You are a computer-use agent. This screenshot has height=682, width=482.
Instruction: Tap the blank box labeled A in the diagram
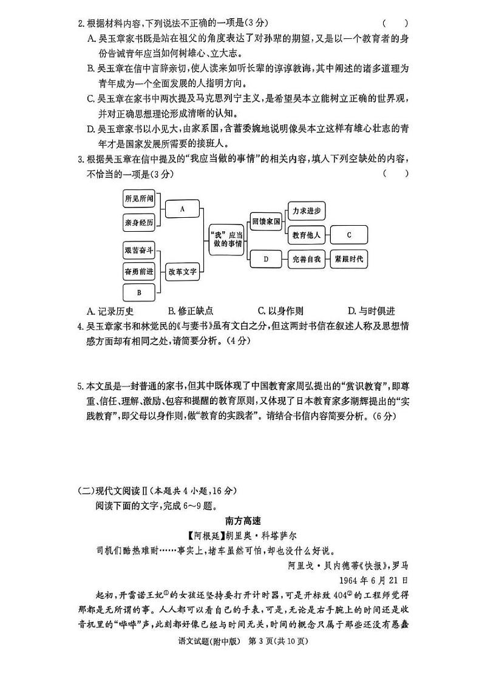pos(182,209)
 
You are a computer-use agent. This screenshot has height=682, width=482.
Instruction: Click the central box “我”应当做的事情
pos(225,239)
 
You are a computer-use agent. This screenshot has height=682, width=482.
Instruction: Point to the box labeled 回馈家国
pos(266,222)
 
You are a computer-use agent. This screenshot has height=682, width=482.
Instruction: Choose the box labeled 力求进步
pos(307,211)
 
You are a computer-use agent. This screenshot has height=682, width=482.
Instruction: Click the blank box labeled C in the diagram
pos(349,234)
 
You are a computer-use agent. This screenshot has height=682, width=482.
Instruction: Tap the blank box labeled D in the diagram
pos(266,258)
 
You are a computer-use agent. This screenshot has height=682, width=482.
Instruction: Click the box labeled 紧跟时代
pos(349,258)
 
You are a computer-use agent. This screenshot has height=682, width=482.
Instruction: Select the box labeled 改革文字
pos(183,272)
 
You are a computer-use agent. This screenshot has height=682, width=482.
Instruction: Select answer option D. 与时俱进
pos(371,311)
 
